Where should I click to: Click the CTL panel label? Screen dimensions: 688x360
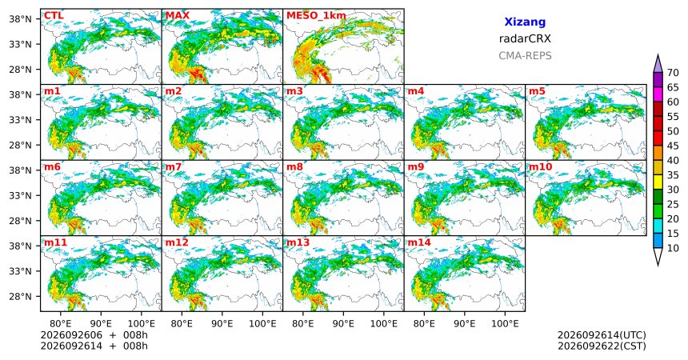(x=54, y=16)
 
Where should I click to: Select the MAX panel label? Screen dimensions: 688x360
(x=178, y=16)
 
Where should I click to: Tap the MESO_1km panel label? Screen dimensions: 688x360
(x=316, y=16)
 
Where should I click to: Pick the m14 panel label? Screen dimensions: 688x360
(x=419, y=242)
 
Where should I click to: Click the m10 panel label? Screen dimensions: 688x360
(x=540, y=167)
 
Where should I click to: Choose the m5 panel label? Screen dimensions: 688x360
(x=538, y=92)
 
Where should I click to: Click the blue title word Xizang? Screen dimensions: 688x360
(x=525, y=22)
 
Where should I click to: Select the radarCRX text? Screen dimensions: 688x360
(x=525, y=38)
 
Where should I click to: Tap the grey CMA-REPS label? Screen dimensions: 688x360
(x=525, y=56)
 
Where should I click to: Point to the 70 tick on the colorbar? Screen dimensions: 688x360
(x=673, y=73)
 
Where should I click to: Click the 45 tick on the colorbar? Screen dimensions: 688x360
(x=673, y=146)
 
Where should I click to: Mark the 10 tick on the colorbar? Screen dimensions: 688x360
(x=673, y=249)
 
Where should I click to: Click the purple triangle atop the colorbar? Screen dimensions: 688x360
(x=658, y=65)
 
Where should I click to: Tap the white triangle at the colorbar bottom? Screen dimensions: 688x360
(x=658, y=256)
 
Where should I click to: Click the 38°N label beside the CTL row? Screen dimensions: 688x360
(x=20, y=19)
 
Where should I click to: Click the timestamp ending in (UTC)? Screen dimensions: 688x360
(x=602, y=335)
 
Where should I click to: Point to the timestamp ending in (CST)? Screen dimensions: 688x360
(x=602, y=346)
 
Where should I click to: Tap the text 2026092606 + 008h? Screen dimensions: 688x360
(x=94, y=335)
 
